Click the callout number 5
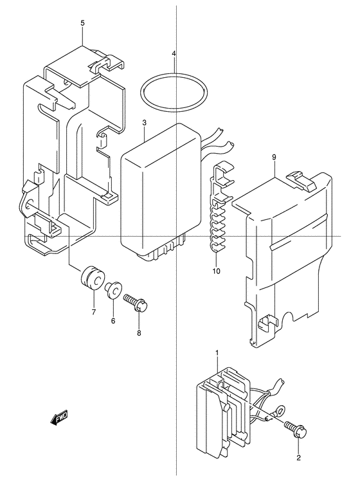[x=82, y=23]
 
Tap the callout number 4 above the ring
[x=174, y=53]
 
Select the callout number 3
[x=145, y=123]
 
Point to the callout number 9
[x=274, y=158]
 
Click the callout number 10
[x=216, y=271]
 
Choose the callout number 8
[x=139, y=333]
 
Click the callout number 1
[x=217, y=354]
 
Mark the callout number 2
[x=299, y=458]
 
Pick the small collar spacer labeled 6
[x=113, y=289]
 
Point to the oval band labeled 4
[x=174, y=74]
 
